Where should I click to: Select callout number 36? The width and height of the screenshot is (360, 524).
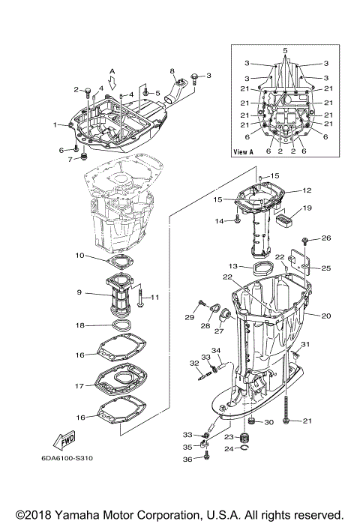point(188,459)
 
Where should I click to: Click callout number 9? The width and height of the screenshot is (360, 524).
point(79,293)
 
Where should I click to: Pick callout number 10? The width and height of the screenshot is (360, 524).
point(79,256)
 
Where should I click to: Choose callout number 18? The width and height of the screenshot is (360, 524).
point(79,326)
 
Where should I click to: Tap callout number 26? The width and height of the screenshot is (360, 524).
point(326,238)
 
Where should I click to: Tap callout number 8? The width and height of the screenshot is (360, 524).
point(171,71)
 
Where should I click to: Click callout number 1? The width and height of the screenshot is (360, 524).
point(55,124)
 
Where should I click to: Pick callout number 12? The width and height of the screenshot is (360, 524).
point(307,190)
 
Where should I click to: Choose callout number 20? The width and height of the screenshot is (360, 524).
point(326,316)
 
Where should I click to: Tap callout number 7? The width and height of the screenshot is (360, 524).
point(73,159)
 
